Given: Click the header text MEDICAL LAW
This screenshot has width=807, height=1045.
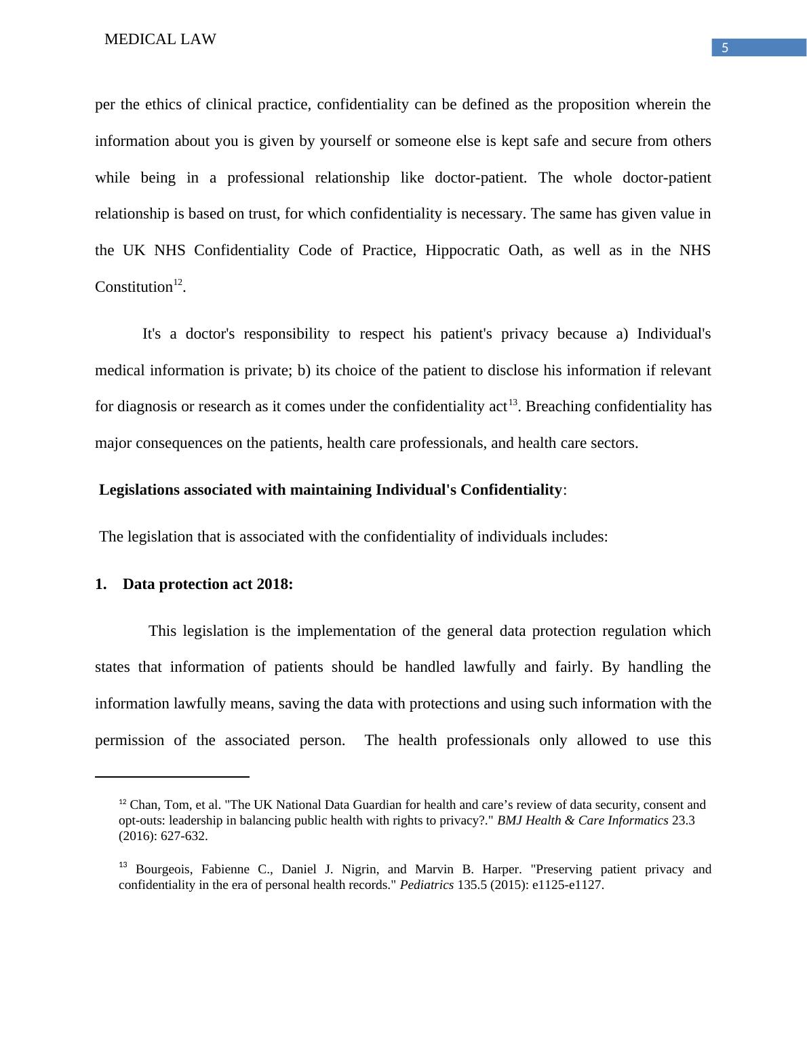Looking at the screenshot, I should pyautogui.click(x=160, y=40).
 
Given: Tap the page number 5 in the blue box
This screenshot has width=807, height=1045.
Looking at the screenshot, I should pyautogui.click(x=725, y=48).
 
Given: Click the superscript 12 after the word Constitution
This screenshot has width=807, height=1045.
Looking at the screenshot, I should pyautogui.click(x=178, y=282).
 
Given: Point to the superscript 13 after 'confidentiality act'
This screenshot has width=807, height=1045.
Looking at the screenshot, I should pyautogui.click(x=513, y=402).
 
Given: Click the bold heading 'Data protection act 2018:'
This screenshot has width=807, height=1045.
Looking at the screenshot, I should pyautogui.click(x=208, y=584).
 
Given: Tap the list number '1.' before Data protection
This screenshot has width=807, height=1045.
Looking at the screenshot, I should pyautogui.click(x=101, y=584).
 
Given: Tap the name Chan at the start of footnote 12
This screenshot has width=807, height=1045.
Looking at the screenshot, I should pyautogui.click(x=143, y=805).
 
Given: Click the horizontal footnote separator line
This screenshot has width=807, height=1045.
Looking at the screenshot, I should pyautogui.click(x=172, y=776).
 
